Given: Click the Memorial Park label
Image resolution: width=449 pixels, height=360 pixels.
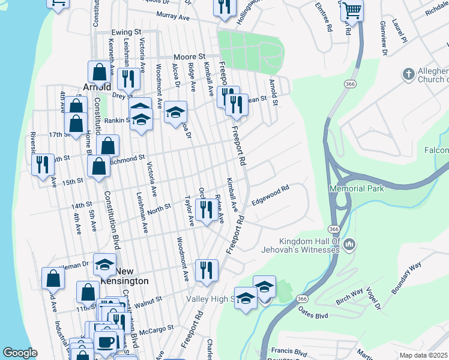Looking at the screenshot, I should click(356, 188).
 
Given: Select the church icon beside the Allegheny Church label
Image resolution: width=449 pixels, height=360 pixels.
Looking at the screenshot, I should click(408, 74).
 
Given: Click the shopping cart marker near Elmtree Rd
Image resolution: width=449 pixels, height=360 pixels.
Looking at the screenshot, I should click(352, 10).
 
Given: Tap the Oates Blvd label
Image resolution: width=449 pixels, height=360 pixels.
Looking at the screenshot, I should click(314, 312).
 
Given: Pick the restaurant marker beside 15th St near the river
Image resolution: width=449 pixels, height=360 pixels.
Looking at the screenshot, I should click(41, 164).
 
